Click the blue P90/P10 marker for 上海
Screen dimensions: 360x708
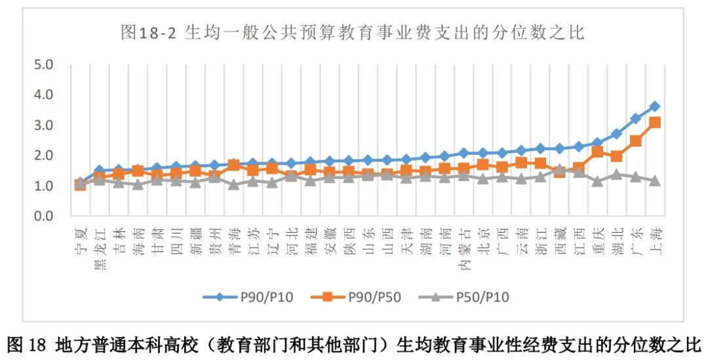(654, 106)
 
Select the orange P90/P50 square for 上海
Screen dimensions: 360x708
(654, 123)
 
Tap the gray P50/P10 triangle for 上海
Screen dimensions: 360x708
(654, 180)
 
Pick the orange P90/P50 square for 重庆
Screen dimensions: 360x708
(597, 151)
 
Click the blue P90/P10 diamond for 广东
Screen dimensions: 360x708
(635, 119)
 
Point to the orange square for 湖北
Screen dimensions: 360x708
(616, 156)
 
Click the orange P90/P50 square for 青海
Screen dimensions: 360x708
(233, 165)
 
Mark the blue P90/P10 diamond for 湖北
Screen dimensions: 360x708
(616, 134)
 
